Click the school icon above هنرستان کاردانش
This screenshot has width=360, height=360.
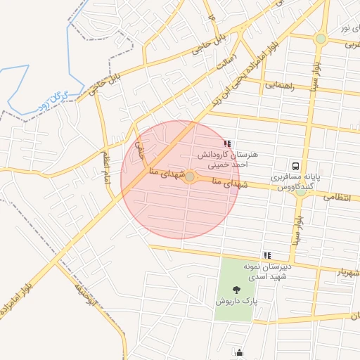(227, 143)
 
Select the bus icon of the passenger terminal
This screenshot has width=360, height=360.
(297, 167)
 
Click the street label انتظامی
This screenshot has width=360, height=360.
(337, 198)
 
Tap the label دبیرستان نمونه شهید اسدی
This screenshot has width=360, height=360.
(267, 271)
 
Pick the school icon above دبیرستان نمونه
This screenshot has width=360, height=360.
(266, 255)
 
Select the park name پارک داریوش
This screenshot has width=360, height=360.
(237, 301)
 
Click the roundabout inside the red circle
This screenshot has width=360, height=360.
(189, 176)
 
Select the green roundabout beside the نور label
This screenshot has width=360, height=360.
(321, 39)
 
